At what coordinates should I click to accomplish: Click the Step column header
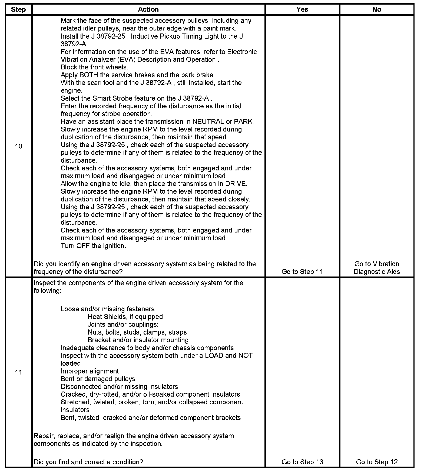click(18, 9)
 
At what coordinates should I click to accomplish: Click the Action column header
click(148, 9)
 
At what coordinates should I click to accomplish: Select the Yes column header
click(302, 9)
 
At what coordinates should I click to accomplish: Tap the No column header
click(377, 9)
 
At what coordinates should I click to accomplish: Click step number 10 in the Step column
click(18, 146)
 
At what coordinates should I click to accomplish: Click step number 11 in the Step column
click(18, 372)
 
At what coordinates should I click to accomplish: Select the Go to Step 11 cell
click(302, 272)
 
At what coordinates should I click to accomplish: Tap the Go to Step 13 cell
click(302, 462)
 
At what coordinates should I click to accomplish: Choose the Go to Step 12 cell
click(377, 462)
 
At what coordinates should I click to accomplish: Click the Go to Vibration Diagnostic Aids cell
click(377, 268)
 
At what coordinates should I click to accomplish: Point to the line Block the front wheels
click(94, 67)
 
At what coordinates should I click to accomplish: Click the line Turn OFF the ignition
click(93, 246)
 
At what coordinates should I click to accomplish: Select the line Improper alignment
click(90, 371)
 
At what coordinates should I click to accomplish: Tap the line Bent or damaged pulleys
click(98, 379)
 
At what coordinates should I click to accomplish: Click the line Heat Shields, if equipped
click(125, 317)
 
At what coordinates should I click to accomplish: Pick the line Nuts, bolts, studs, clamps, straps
click(137, 332)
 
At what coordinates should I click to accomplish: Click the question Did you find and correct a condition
click(88, 462)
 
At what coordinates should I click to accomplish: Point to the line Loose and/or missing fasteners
click(108, 309)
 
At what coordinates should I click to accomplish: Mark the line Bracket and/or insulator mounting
click(138, 340)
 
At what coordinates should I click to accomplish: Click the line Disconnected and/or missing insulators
click(119, 387)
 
